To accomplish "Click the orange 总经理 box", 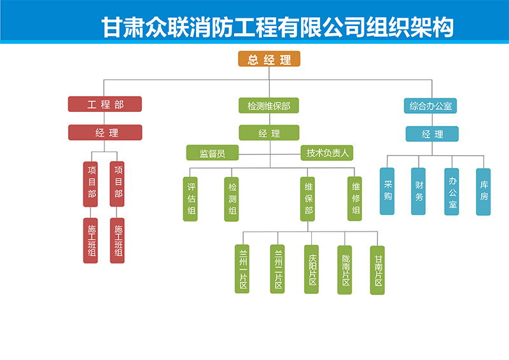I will (269, 60).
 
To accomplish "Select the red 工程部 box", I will (105, 104).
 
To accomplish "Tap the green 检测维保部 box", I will (268, 106).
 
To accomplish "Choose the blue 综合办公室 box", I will (430, 106).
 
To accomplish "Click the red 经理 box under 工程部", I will (105, 132).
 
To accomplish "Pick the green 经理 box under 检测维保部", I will (268, 133).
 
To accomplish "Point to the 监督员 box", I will (212, 153).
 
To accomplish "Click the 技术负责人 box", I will (327, 153).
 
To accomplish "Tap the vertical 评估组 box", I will (191, 199).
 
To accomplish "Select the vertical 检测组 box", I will (232, 199).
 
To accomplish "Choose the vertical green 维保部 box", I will (308, 199).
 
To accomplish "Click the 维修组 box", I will (355, 199).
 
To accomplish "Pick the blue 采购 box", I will (387, 191).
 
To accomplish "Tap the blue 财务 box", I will (418, 191).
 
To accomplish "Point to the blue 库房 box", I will (484, 191).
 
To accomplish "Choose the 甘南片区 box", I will (378, 270).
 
